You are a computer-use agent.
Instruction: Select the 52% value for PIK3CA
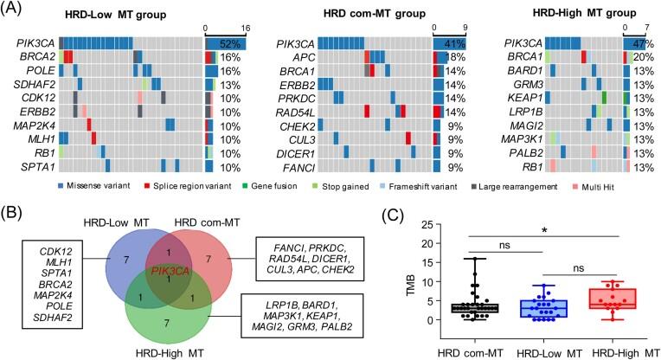233,43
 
